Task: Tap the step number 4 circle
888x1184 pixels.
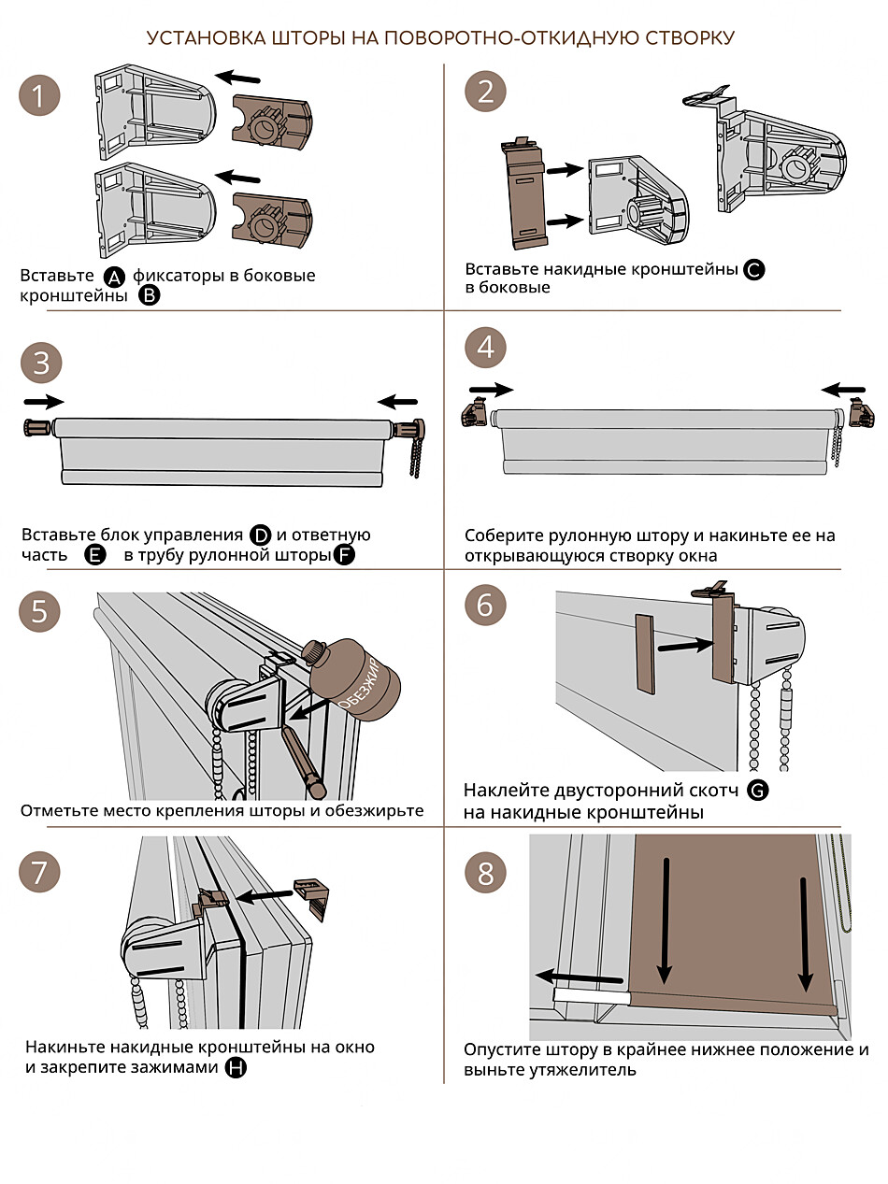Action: tap(485, 348)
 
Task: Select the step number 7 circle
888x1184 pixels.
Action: tap(39, 873)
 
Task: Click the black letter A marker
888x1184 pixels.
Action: tap(113, 277)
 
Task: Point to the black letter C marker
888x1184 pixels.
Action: tap(754, 270)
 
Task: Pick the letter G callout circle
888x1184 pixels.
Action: tap(758, 791)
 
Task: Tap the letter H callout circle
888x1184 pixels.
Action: tap(236, 1067)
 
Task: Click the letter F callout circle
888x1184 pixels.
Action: tap(344, 555)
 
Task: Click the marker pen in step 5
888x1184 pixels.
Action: tap(301, 762)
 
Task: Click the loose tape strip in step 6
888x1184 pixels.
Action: tap(644, 652)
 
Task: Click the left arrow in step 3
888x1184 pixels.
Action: tap(43, 401)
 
